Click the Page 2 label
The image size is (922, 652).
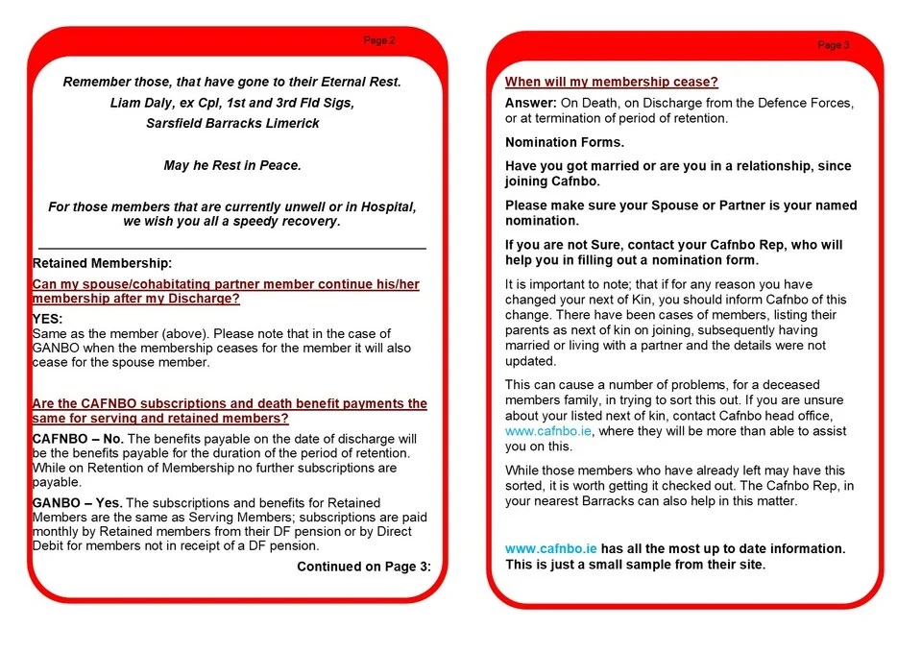click(378, 40)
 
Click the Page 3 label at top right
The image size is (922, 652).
click(833, 45)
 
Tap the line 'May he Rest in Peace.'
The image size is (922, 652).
click(232, 165)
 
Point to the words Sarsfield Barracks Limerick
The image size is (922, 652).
click(232, 123)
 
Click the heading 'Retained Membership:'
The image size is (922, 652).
click(103, 263)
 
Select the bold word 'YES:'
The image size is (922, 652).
click(47, 318)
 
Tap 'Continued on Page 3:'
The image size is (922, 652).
click(363, 567)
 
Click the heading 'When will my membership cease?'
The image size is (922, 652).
click(612, 82)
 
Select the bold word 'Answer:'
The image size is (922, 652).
click(531, 103)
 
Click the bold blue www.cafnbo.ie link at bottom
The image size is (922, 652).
click(551, 548)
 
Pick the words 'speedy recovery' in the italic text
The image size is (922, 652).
click(286, 221)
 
